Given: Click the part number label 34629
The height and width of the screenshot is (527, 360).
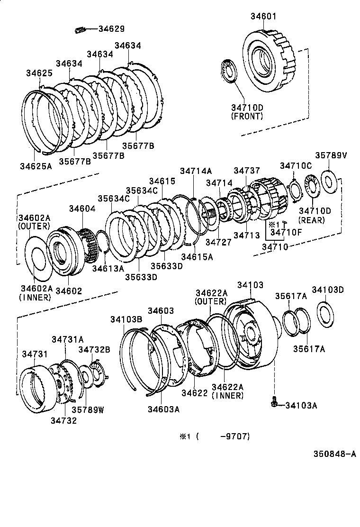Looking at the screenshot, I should point(111,29).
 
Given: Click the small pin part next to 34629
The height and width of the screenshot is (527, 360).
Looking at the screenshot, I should point(80,30).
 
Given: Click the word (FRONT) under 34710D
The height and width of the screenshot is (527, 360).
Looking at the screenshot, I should point(247,116).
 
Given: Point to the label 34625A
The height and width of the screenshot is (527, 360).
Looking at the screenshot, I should point(36,166).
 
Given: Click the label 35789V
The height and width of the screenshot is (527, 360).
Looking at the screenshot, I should point(331,156).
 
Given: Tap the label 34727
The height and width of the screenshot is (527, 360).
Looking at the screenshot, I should point(218,242).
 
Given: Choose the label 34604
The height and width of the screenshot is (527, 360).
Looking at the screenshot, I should point(82,208).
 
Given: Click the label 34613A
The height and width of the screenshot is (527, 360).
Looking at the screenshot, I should point(108,268).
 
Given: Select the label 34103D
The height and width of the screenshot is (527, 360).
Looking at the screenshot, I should point(327,290).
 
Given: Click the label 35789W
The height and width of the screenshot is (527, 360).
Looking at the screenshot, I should point(88,410).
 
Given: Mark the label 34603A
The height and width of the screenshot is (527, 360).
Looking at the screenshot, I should point(163,409).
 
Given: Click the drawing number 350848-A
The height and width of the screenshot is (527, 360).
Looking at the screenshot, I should point(334,454).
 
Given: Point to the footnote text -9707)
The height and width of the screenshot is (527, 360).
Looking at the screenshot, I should point(234,436).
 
